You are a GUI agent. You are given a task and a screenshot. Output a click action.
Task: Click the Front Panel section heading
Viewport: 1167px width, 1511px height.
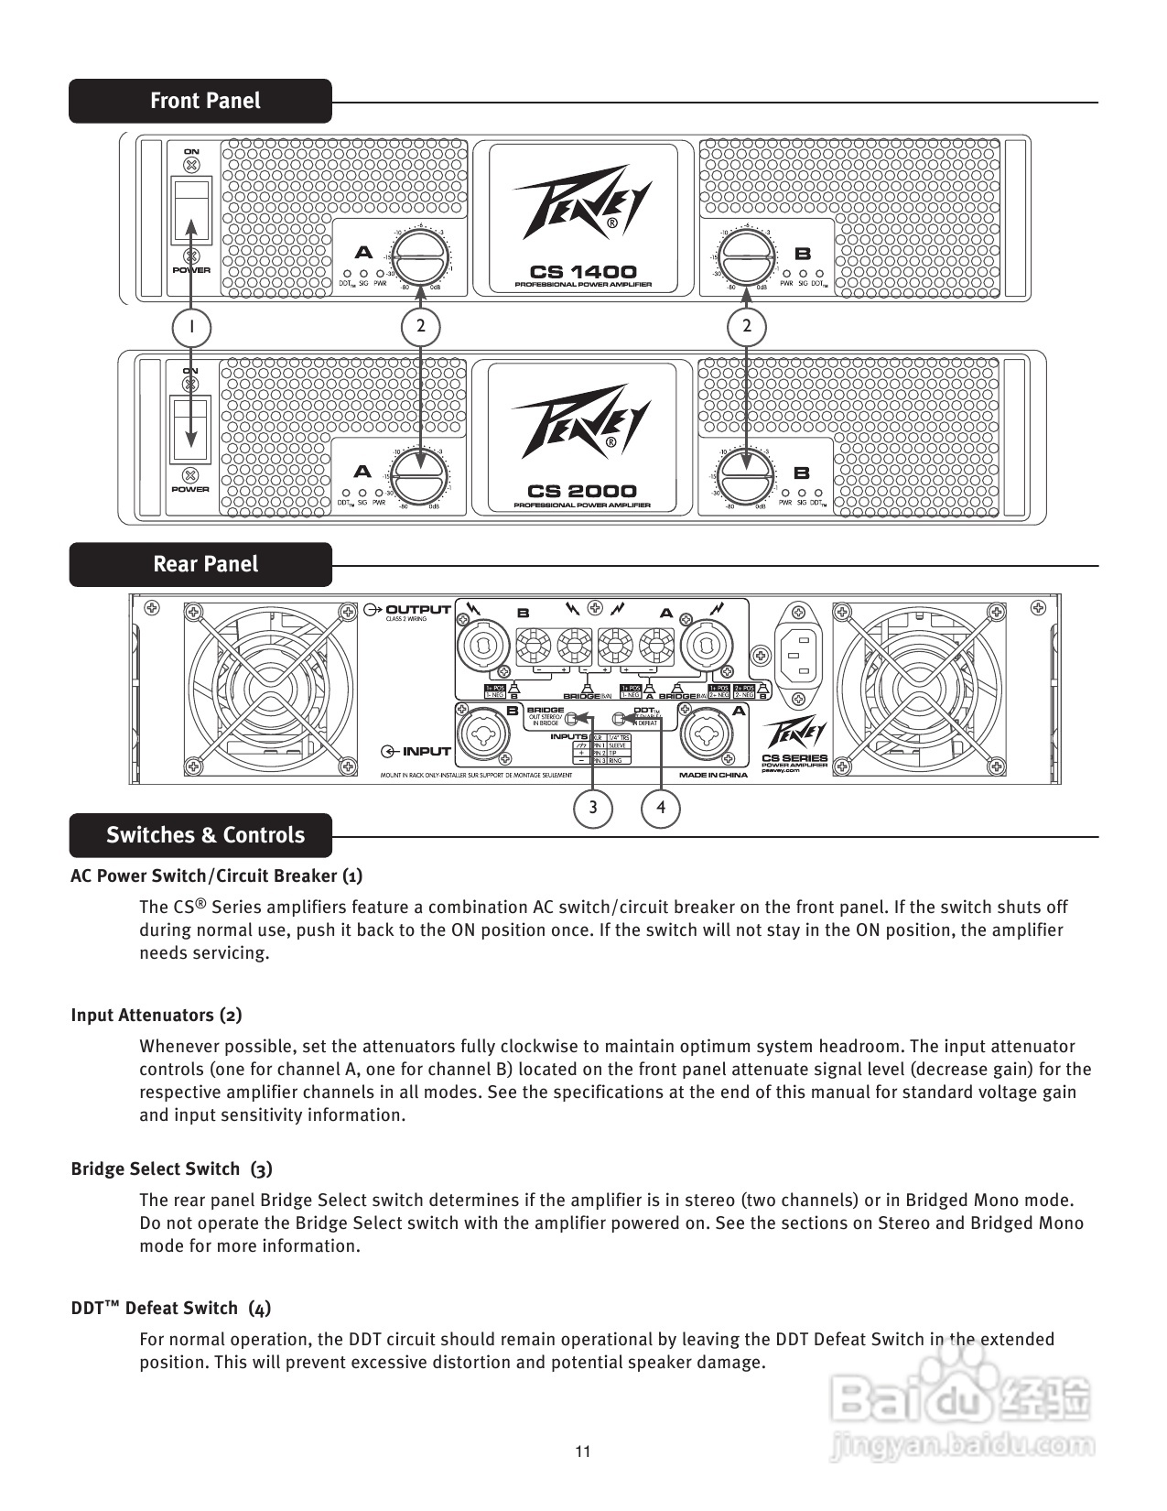[x=205, y=101]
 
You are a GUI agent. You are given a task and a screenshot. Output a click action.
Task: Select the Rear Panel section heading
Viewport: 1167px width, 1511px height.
[x=205, y=564]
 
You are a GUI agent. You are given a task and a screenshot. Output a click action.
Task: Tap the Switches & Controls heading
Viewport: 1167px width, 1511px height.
[x=205, y=835]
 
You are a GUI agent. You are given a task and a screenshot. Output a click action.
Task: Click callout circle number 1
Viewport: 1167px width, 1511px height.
[x=191, y=327]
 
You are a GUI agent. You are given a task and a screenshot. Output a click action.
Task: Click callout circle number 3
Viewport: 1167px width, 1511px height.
[x=593, y=808]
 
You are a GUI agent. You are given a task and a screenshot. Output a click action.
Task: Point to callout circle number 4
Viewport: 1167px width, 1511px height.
[x=661, y=808]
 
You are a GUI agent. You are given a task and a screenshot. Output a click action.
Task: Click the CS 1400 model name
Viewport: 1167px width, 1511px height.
[x=583, y=271]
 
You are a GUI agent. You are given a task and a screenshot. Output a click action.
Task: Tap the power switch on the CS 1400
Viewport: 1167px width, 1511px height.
[x=191, y=210]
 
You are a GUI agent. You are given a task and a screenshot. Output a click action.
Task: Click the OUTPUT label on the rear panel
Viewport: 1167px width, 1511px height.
[x=417, y=610]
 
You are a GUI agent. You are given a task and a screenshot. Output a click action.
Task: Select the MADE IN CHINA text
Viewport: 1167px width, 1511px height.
[x=713, y=775]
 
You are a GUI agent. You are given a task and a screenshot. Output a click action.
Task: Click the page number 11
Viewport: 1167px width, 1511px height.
[x=583, y=1451]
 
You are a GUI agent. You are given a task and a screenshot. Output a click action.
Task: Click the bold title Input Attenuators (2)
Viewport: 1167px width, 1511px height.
[x=157, y=1015]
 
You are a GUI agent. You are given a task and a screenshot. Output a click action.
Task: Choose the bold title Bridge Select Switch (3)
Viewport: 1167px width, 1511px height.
[x=171, y=1169]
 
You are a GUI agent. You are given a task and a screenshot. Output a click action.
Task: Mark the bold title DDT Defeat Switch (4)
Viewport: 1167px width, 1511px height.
[x=170, y=1308]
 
